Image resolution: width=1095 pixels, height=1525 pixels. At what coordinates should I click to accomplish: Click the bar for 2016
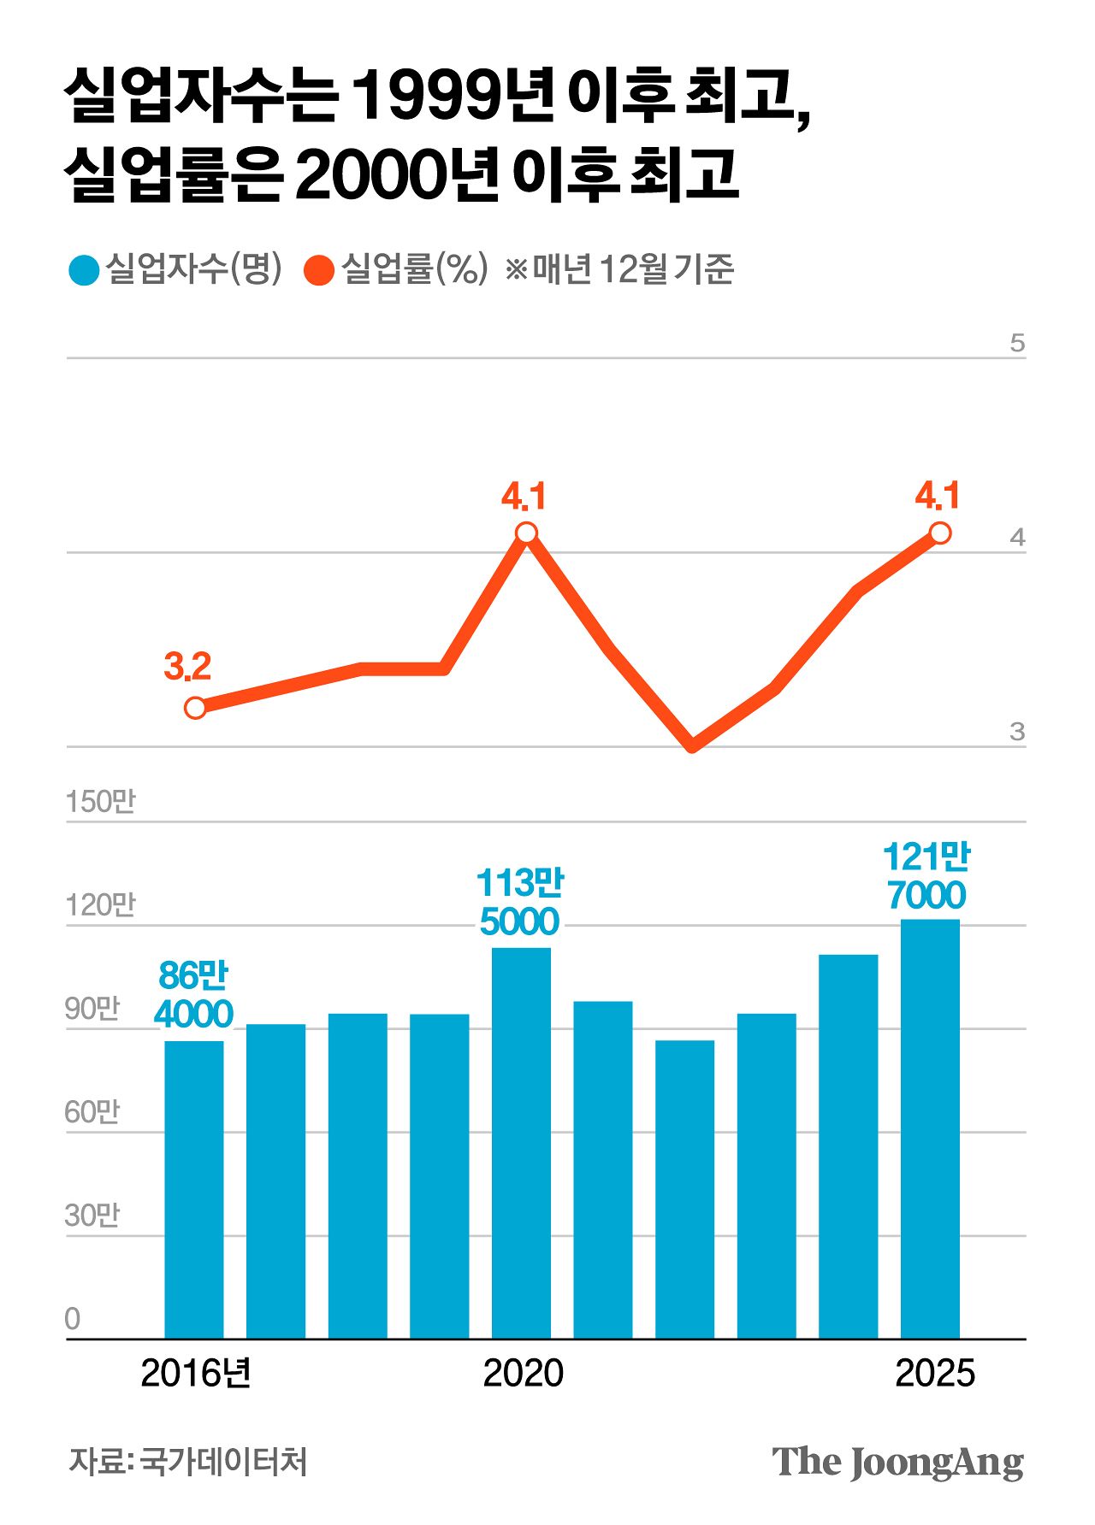click(194, 1188)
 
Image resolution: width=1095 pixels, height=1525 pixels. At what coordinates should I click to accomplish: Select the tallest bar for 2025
click(930, 1128)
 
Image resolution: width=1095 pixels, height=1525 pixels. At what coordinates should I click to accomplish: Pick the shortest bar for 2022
click(684, 1188)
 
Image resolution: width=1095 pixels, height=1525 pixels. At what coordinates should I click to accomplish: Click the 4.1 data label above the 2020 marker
click(523, 497)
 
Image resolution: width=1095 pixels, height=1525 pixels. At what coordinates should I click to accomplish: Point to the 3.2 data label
click(186, 667)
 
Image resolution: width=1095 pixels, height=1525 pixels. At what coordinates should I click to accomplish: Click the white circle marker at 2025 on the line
click(939, 533)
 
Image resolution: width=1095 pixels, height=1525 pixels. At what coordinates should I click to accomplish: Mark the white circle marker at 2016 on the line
click(195, 708)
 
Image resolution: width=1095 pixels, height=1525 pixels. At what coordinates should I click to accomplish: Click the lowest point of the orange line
click(692, 746)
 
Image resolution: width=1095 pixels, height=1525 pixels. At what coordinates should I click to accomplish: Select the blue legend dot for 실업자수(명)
click(84, 270)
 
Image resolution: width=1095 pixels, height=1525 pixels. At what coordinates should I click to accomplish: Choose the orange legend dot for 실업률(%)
click(319, 270)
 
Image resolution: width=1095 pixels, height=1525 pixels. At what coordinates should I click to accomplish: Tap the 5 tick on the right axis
click(1016, 344)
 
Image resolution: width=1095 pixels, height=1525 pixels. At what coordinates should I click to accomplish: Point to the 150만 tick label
click(100, 802)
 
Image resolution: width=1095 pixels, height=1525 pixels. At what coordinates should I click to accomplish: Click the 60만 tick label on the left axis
click(92, 1112)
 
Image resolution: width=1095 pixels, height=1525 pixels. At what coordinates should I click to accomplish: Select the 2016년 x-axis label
click(195, 1374)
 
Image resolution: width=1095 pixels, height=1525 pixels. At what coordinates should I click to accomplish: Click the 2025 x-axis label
click(934, 1374)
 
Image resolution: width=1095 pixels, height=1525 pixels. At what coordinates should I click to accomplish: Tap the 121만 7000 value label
click(926, 876)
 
